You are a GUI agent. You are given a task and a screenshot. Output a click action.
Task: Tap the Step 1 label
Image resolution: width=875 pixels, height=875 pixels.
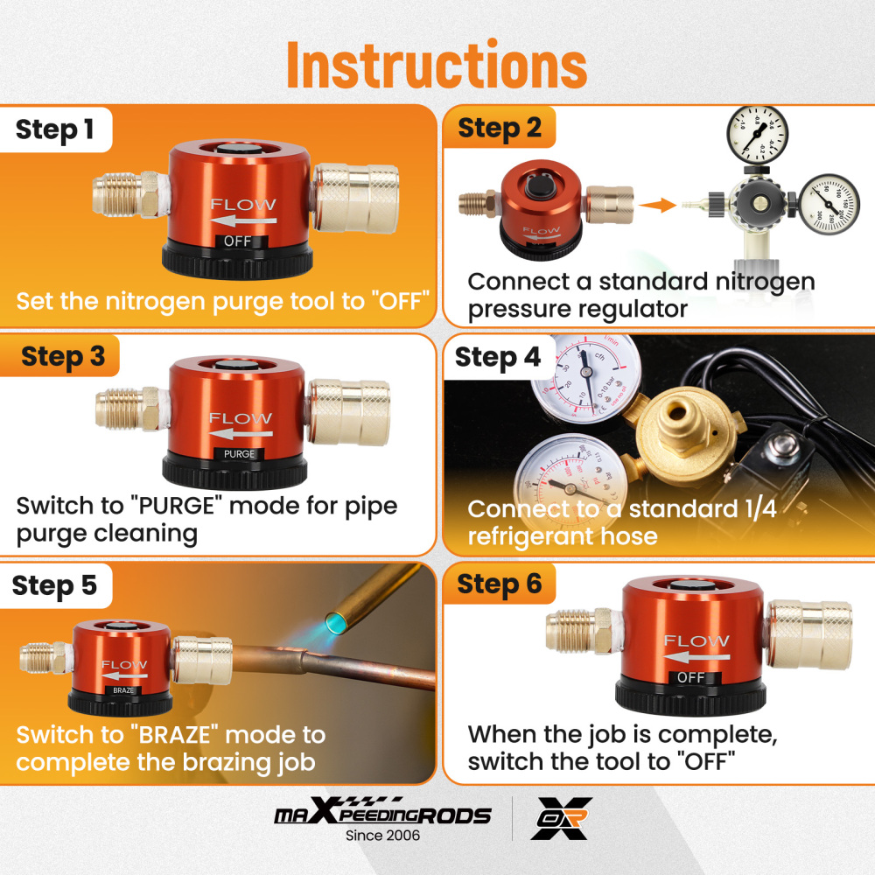click(54, 129)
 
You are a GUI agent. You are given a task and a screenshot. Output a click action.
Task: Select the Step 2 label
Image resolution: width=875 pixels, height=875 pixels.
click(500, 128)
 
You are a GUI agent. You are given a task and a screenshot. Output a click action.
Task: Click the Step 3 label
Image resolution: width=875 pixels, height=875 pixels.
click(62, 356)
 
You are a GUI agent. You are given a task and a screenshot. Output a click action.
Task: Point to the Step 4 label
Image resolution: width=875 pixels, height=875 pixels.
click(498, 357)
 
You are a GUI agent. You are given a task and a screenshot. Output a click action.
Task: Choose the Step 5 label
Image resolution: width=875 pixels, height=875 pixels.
click(54, 585)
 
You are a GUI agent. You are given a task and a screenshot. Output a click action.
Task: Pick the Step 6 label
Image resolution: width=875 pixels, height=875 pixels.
click(500, 584)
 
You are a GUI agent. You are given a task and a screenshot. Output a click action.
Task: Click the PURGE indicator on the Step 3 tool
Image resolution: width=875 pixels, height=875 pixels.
click(240, 454)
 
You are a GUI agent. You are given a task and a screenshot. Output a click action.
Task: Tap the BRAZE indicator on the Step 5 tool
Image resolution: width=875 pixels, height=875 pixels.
click(124, 690)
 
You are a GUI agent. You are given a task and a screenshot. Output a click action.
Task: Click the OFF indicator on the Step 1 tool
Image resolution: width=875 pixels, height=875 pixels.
click(238, 241)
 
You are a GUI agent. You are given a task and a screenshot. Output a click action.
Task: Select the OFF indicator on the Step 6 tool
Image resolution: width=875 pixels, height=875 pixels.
click(690, 677)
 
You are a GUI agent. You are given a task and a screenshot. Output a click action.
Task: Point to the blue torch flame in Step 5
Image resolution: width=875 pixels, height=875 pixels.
click(337, 622)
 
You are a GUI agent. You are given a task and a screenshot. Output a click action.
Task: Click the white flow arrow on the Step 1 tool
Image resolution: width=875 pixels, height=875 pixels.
click(244, 220)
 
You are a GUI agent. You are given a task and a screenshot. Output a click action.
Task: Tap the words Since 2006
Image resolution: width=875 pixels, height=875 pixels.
click(382, 836)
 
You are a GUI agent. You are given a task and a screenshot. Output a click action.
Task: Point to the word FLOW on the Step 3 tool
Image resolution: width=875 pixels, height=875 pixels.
click(241, 417)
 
